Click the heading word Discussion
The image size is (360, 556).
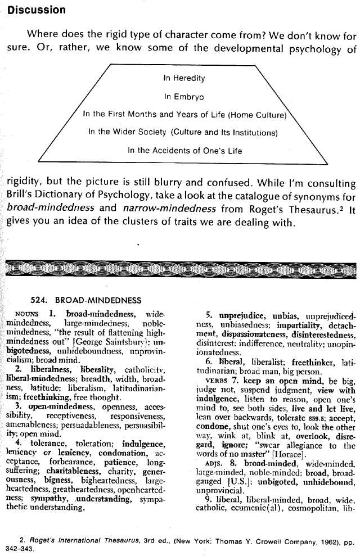click(37, 10)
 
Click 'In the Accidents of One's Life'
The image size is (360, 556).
click(185, 151)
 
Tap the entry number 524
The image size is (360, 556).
click(39, 300)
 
